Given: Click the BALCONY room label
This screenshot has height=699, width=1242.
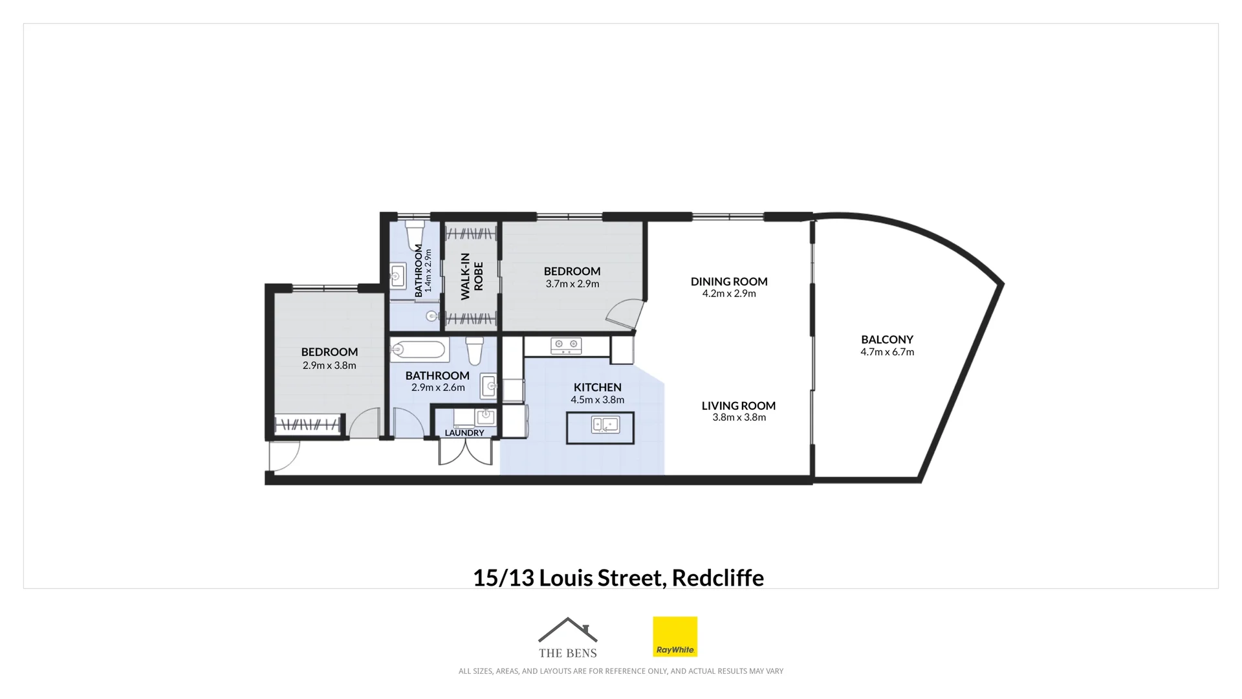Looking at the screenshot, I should pyautogui.click(x=887, y=339).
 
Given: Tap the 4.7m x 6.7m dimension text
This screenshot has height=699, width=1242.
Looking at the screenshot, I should pyautogui.click(x=887, y=352).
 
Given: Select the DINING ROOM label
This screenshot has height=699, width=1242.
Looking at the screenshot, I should pyautogui.click(x=729, y=282).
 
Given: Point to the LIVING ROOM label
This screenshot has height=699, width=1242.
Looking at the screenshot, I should pyautogui.click(x=738, y=406).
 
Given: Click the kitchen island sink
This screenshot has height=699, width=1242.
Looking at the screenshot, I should pyautogui.click(x=605, y=425).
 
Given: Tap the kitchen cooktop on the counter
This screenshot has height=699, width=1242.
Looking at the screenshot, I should pyautogui.click(x=566, y=346).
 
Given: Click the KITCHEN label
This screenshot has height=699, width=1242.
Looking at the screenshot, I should pyautogui.click(x=597, y=388).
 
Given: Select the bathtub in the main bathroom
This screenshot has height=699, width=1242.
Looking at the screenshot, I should pyautogui.click(x=419, y=350).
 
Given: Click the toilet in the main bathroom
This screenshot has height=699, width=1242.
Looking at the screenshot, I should pyautogui.click(x=475, y=350).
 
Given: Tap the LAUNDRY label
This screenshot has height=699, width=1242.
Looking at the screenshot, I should pyautogui.click(x=464, y=433).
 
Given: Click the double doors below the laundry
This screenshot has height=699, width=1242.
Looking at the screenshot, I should pyautogui.click(x=465, y=452).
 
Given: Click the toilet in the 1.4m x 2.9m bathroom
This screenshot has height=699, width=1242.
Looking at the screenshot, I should pyautogui.click(x=415, y=234).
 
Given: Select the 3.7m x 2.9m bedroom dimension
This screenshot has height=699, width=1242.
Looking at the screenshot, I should pyautogui.click(x=572, y=284).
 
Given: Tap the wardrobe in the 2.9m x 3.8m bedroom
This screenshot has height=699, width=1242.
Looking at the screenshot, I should pyautogui.click(x=307, y=425).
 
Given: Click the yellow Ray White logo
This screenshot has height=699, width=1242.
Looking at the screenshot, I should pyautogui.click(x=675, y=636).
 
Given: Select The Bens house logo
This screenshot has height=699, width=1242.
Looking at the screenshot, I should pyautogui.click(x=567, y=637).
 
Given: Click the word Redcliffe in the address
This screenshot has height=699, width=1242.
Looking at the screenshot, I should pyautogui.click(x=717, y=577).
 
